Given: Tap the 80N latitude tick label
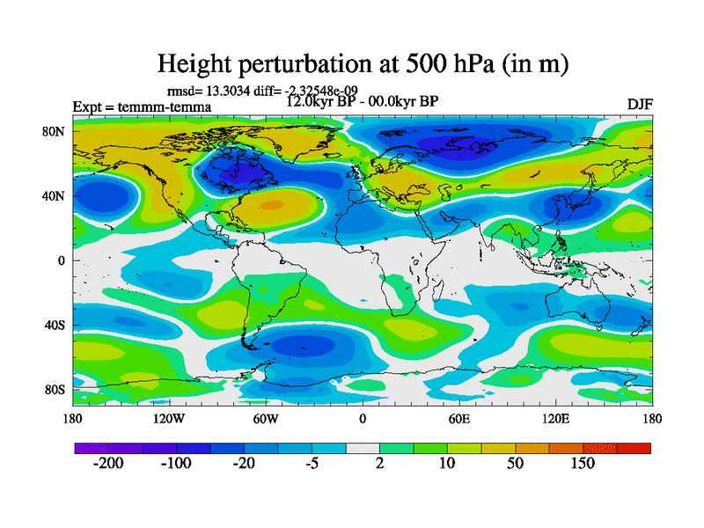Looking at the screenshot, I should tap(55, 131).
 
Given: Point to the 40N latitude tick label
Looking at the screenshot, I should tap(55, 195).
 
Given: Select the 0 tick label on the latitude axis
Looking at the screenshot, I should tap(62, 260).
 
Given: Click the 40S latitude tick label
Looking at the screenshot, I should tap(55, 326).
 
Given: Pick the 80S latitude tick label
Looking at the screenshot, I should tap(55, 390).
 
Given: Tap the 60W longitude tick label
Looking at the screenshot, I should tap(265, 418).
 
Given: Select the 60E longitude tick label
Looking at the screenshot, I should tap(458, 418).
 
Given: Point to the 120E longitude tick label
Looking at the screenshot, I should tap(555, 418).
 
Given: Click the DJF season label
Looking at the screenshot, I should tap(640, 104).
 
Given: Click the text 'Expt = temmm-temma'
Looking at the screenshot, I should tap(142, 107).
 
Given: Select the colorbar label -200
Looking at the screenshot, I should tap(108, 464).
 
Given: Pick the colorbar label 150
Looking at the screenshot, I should tap(583, 464).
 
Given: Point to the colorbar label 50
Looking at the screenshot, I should tap(516, 464).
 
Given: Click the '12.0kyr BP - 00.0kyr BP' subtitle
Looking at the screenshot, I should tap(363, 101).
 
